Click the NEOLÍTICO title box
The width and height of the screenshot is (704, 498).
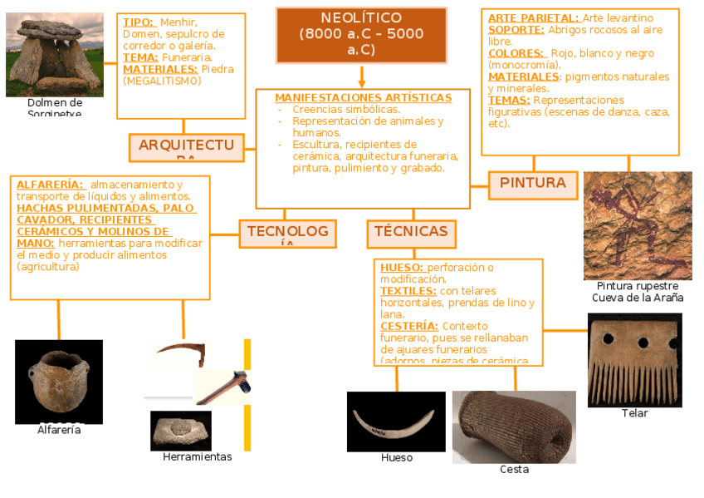click(x=361, y=35)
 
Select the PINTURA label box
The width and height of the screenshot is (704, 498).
click(x=533, y=185)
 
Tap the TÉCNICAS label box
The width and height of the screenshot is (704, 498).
click(x=411, y=234)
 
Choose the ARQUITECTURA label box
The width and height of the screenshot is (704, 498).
click(x=187, y=147)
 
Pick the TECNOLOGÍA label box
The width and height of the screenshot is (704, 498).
click(x=287, y=234)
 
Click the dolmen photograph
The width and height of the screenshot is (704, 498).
click(x=55, y=55)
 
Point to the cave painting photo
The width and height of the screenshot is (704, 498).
click(x=638, y=225)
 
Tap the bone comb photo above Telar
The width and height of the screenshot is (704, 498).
click(x=634, y=360)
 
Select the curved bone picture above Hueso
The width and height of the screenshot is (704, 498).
click(x=396, y=422)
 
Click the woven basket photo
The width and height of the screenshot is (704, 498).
click(x=514, y=427)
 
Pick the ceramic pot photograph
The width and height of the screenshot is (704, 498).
click(x=59, y=382)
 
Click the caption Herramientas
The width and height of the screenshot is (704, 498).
click(x=198, y=457)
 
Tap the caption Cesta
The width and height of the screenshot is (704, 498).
click(x=514, y=470)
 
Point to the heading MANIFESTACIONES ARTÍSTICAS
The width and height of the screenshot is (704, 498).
click(x=364, y=98)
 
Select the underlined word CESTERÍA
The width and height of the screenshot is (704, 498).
click(x=409, y=327)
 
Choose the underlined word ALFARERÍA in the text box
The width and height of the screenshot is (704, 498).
click(x=50, y=185)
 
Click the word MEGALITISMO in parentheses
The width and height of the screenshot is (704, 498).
click(x=161, y=81)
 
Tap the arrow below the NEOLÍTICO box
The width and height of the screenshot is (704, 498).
click(x=362, y=78)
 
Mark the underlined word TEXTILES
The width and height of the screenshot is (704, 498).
click(x=408, y=292)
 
